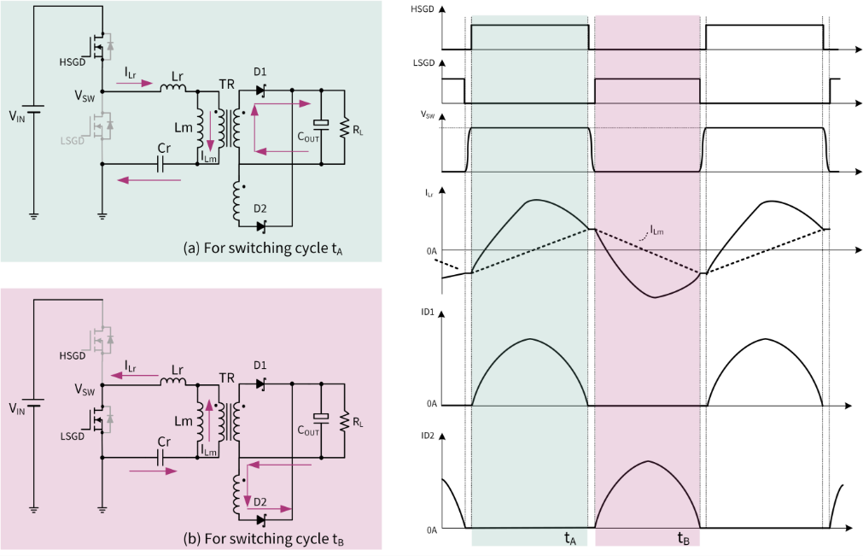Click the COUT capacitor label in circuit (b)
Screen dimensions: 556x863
(308, 432)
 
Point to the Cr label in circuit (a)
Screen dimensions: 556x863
(163, 147)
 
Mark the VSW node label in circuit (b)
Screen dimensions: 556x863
(85, 390)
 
